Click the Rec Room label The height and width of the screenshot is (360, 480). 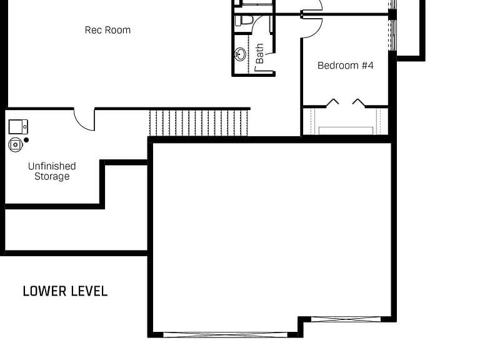point(107,30)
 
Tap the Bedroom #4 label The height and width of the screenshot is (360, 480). point(345,65)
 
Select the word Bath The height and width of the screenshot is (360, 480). point(259,53)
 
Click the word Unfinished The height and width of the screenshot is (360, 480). point(52,166)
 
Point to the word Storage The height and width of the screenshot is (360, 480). point(52,177)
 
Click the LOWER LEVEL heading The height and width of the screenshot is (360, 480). point(65,291)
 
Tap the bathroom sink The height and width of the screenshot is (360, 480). point(241,54)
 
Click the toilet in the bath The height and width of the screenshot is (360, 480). point(243,21)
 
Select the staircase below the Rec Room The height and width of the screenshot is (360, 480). point(199,122)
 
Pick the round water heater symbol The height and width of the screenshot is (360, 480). point(15,144)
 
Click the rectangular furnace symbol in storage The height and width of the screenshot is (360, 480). point(18,127)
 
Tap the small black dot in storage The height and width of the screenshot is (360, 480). point(26,140)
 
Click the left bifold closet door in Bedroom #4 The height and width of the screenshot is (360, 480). point(332,102)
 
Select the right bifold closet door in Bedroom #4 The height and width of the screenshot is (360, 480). point(359,102)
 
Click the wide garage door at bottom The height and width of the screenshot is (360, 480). point(225,334)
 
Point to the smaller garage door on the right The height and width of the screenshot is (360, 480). point(346,319)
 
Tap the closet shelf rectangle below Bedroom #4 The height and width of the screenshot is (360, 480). point(346,131)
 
